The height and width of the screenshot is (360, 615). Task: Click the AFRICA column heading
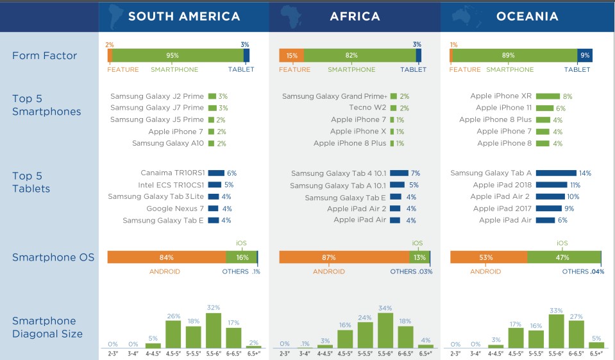tap(355, 16)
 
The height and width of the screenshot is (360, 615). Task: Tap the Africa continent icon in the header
tap(291, 16)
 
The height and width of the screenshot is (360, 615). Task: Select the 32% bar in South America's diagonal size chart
tap(214, 330)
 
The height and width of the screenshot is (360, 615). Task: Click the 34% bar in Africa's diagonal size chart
tap(385, 330)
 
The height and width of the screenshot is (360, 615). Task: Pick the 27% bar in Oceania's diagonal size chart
tap(576, 334)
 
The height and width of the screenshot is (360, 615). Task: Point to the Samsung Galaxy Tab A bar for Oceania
tap(556, 173)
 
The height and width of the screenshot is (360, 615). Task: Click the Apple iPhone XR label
tap(501, 96)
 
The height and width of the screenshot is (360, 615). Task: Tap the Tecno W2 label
tap(367, 108)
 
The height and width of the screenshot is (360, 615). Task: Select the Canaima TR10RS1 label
tap(173, 173)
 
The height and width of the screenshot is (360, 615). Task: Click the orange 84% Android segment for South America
tap(167, 257)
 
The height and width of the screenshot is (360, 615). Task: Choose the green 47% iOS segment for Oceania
tap(564, 257)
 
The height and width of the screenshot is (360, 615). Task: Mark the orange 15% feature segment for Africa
tap(291, 55)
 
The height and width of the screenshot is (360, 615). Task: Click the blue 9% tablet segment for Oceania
tap(585, 55)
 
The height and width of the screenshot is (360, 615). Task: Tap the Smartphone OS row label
tap(53, 257)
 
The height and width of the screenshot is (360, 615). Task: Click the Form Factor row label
tap(44, 56)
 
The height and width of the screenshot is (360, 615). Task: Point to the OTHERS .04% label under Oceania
tap(583, 271)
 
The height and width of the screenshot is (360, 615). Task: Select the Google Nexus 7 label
tap(175, 209)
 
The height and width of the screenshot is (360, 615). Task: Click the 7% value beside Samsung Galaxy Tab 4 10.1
tap(416, 173)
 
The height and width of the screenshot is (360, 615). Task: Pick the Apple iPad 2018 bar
tap(552, 185)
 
